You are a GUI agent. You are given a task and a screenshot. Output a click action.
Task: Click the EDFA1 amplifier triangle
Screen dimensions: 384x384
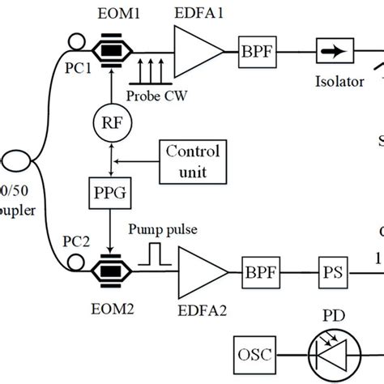(x=197, y=51)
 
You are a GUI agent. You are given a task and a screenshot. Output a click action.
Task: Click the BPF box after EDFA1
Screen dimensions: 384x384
(x=254, y=51)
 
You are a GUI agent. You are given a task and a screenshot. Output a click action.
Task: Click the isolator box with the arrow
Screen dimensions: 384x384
(x=331, y=51)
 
